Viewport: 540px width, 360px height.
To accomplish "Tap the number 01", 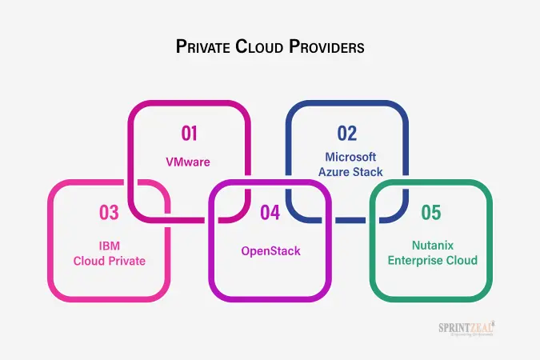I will [x=188, y=134].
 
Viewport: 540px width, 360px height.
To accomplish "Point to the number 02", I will [x=346, y=134].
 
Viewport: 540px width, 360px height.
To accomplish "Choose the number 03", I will [x=109, y=213].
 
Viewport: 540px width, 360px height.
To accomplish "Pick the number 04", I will [x=270, y=213].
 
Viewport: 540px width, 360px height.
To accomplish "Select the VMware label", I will [x=188, y=162].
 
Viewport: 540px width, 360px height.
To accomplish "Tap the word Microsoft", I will [x=350, y=157].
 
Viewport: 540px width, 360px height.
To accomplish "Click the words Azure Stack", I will [x=350, y=171].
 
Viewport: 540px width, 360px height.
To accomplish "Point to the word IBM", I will [x=110, y=246].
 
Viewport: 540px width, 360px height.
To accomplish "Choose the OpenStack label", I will [x=271, y=251].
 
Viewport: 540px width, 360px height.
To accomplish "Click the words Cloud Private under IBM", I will [x=110, y=260].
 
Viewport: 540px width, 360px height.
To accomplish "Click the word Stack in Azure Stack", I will [x=368, y=171].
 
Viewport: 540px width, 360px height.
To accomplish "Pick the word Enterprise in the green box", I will [x=417, y=260].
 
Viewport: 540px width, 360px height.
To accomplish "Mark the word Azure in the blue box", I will [x=332, y=171].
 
